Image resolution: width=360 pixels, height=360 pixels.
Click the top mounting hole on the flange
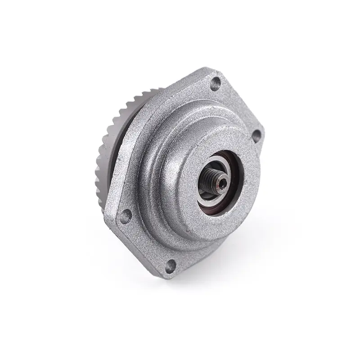216,82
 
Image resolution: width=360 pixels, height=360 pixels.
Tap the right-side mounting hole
256,134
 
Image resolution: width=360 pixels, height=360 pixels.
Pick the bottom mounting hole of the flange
170,266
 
